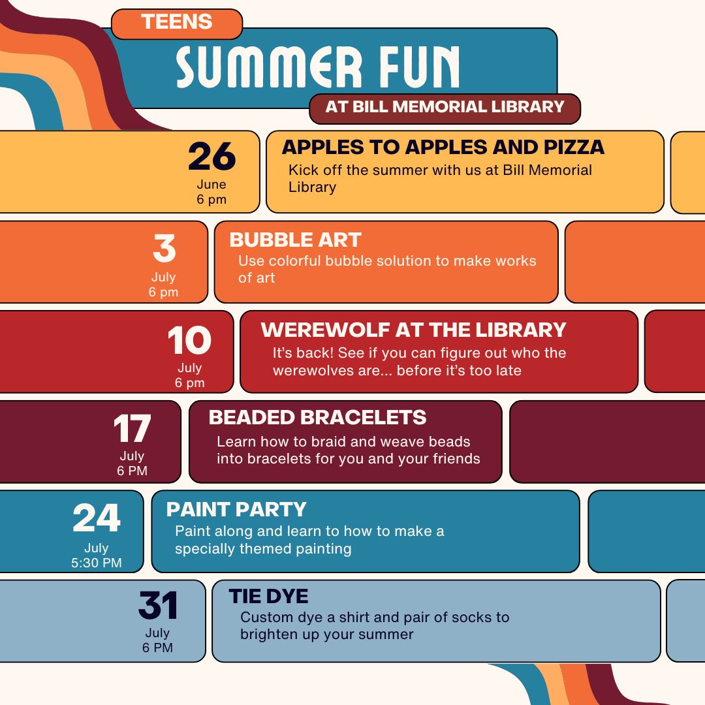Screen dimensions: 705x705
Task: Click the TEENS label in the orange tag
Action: click(177, 22)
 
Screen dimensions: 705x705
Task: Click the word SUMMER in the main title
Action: click(269, 67)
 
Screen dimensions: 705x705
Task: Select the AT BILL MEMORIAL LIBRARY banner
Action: click(445, 107)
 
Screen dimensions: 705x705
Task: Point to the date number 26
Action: click(211, 157)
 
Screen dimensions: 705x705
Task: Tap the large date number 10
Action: click(189, 340)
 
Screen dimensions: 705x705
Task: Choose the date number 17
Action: click(132, 428)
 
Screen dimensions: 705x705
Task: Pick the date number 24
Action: click(97, 518)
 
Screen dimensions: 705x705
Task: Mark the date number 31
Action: click(158, 605)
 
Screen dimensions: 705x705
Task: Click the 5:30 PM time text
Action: click(97, 563)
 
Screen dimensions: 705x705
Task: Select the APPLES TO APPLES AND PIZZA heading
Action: click(443, 147)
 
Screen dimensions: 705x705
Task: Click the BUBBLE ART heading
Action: click(296, 240)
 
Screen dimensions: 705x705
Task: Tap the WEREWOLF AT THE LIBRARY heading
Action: click(413, 330)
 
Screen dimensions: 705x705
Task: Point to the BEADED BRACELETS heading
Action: click(317, 417)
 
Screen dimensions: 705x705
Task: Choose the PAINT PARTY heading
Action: click(236, 509)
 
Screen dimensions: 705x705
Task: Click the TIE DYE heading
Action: click(268, 596)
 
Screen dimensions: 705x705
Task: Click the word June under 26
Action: click(211, 184)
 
